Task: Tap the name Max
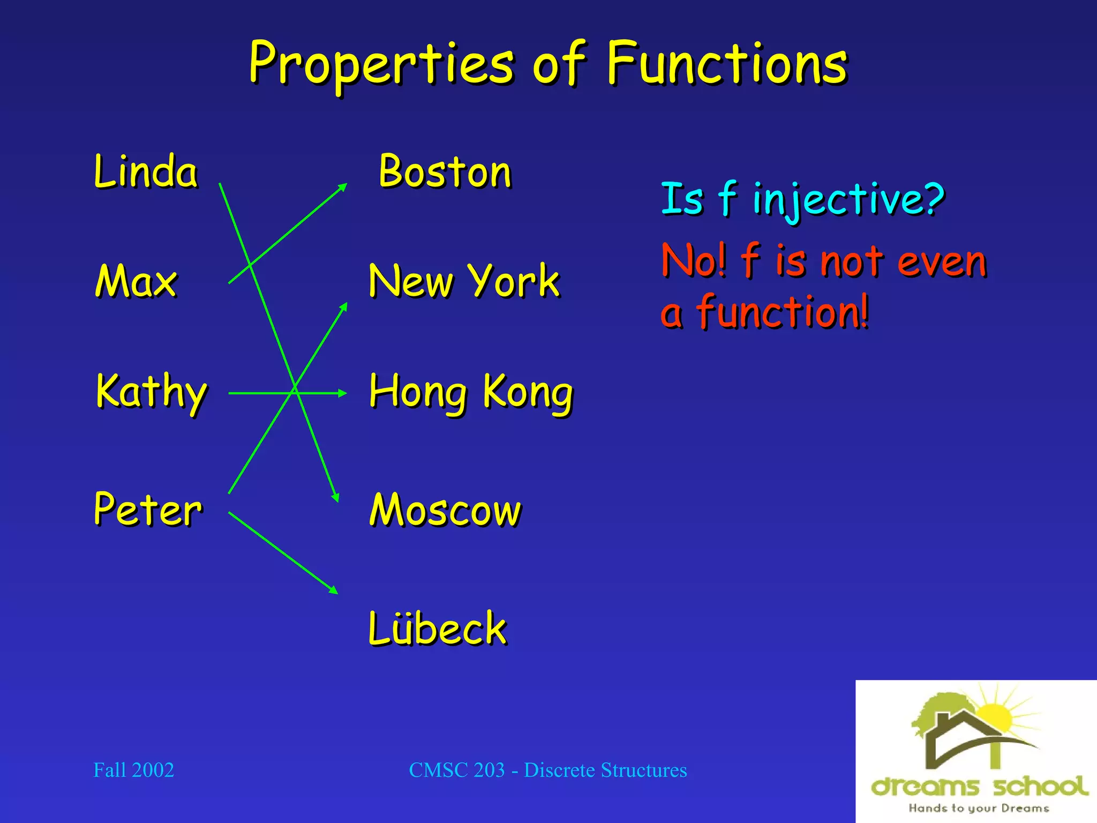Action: pos(136,281)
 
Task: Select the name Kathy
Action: pos(151,392)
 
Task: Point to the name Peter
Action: pos(148,510)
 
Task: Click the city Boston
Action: pos(445,172)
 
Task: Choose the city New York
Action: pos(464,281)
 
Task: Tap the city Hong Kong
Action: pos(471,392)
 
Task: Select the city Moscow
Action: pos(445,510)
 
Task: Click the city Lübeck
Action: pos(437,629)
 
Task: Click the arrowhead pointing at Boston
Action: pos(342,187)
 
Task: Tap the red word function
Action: pos(782,312)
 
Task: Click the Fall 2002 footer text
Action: pos(134,770)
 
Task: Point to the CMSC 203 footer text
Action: pos(547,770)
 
